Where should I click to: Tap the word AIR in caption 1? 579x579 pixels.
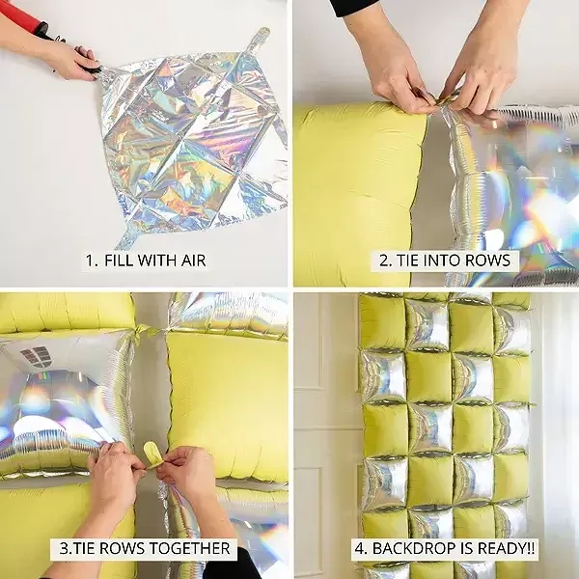click(193, 261)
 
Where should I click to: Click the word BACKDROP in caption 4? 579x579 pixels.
click(410, 548)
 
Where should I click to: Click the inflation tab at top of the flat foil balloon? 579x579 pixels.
click(260, 38)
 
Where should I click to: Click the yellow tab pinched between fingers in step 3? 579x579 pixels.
click(152, 454)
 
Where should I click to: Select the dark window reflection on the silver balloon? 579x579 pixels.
click(37, 355)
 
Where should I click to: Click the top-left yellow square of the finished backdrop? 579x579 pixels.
click(382, 322)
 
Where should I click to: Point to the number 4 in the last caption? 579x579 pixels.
click(359, 548)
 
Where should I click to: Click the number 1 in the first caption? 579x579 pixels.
click(91, 261)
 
